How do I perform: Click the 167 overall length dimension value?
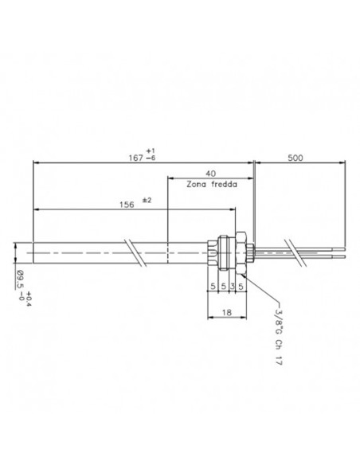pyautogui.click(x=137, y=156)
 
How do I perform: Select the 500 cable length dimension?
pyautogui.click(x=296, y=158)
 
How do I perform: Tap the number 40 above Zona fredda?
pyautogui.click(x=210, y=173)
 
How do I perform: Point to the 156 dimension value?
pyautogui.click(x=125, y=204)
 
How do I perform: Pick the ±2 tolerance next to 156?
pyautogui.click(x=147, y=200)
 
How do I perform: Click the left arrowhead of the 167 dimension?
pyautogui.click(x=35, y=162)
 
